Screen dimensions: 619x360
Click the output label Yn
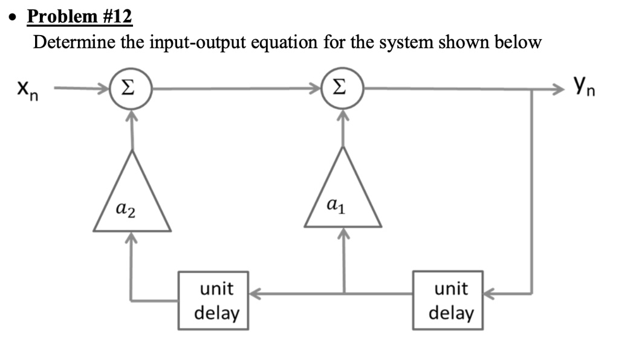pyautogui.click(x=584, y=87)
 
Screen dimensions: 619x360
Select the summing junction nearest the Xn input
pyautogui.click(x=131, y=88)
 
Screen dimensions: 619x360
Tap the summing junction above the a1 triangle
pyautogui.click(x=342, y=88)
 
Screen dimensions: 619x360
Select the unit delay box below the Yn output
pyautogui.click(x=448, y=300)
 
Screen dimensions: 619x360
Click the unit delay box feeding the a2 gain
pyautogui.click(x=213, y=300)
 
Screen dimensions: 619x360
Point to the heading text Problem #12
pyautogui.click(x=79, y=16)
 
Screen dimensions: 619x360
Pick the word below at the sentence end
pyautogui.click(x=518, y=42)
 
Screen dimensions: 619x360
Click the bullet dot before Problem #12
pyautogui.click(x=15, y=18)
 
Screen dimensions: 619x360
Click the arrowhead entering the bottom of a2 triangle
pyautogui.click(x=131, y=238)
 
